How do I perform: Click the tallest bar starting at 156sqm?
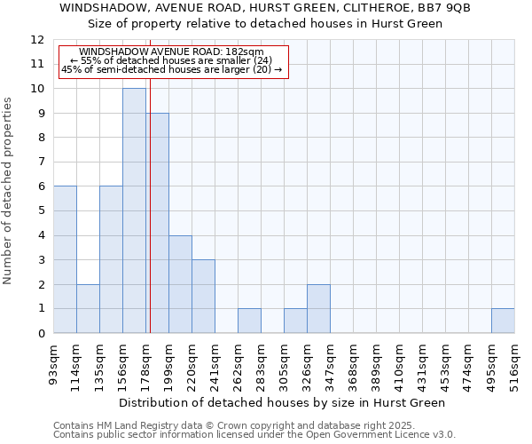134,210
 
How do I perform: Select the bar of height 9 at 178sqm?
158,223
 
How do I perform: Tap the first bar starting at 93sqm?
65,259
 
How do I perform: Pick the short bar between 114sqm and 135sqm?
88,308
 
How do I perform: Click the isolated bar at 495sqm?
503,321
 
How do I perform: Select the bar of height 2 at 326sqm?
318,308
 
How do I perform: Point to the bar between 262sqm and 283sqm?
249,321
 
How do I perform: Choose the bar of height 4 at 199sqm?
180,284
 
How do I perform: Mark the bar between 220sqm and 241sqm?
203,296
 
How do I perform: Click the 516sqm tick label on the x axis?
514,367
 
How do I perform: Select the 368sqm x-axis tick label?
353,367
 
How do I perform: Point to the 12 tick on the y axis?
37,40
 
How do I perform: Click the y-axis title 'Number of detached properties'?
8,191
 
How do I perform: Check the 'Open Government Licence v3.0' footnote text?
381,435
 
